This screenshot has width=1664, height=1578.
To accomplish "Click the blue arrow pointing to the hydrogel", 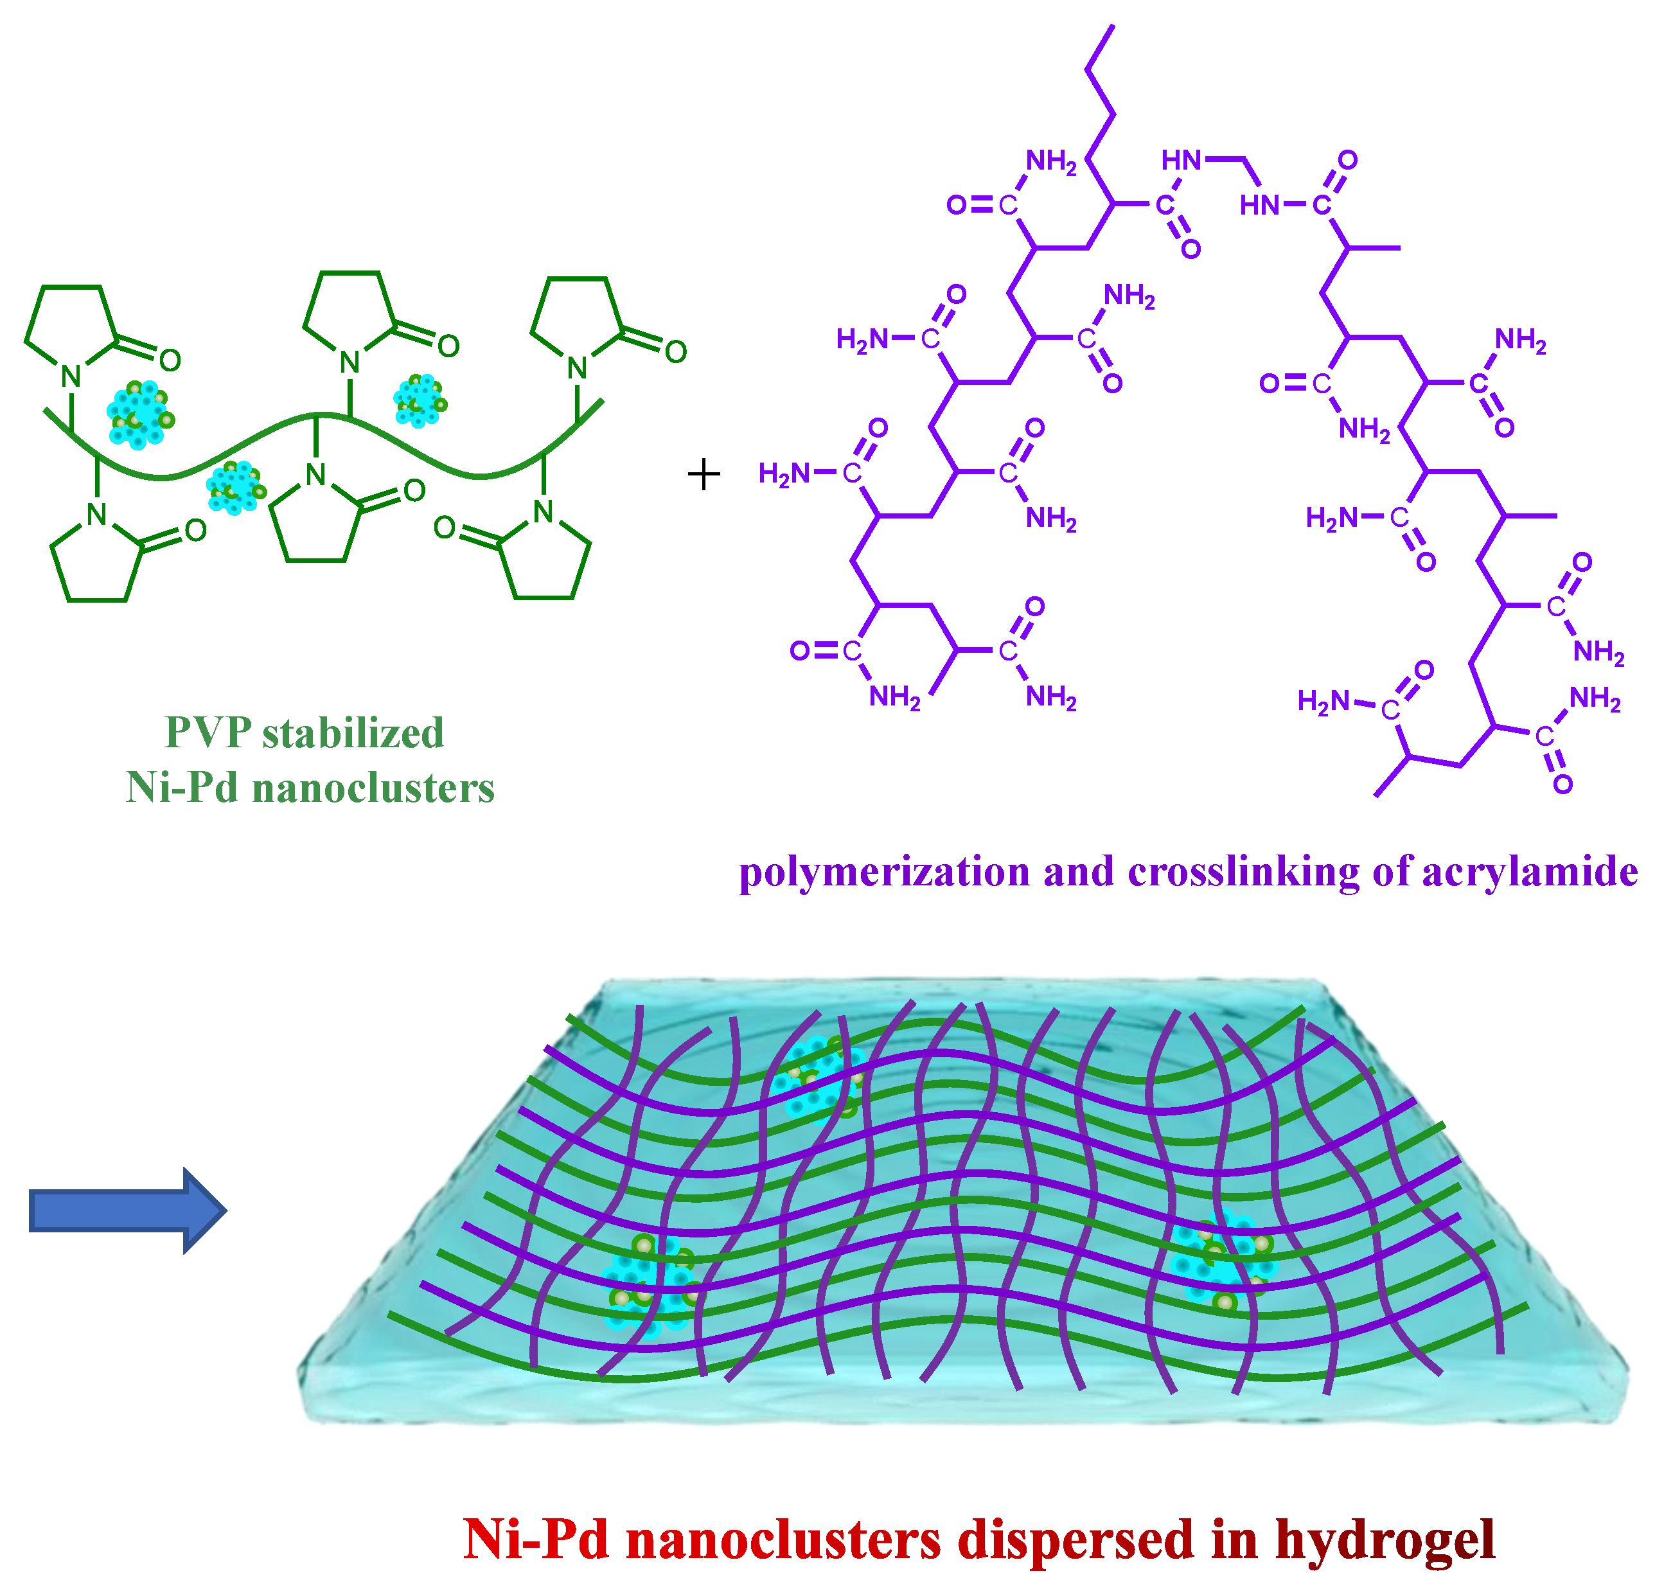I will pyautogui.click(x=126, y=1210).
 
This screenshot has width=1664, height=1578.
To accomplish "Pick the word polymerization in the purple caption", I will pyautogui.click(x=884, y=873).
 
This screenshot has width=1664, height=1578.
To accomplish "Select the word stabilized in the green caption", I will pyautogui.click(x=353, y=732).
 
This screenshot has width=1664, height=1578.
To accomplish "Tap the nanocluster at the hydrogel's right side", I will pyautogui.click(x=1224, y=1257).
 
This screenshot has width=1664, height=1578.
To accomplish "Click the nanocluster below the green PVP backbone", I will pyautogui.click(x=235, y=486).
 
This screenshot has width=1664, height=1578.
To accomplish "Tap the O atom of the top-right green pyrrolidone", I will pyautogui.click(x=675, y=351).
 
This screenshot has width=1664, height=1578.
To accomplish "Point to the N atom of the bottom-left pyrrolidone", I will pyautogui.click(x=97, y=515).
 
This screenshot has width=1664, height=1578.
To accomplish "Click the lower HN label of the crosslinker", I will pyautogui.click(x=1259, y=204).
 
